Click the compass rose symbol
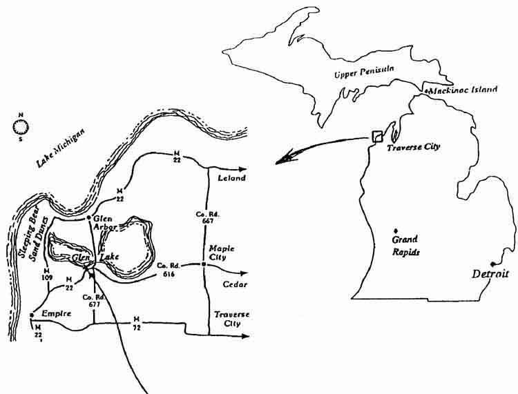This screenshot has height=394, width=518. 21,126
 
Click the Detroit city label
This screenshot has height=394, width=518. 490,274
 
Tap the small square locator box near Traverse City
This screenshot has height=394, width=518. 377,136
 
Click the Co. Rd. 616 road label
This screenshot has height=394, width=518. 167,270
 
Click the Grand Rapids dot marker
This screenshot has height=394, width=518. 395,230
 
